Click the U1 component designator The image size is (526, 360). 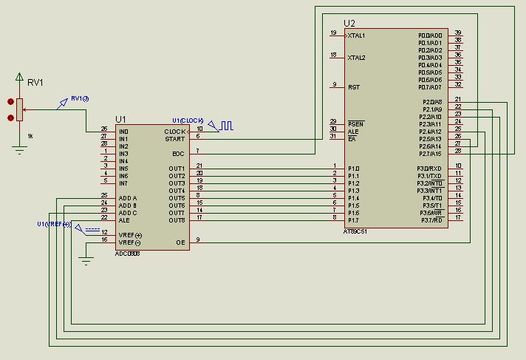click(x=121, y=119)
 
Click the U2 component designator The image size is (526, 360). click(x=349, y=24)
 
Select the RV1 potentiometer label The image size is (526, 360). click(x=35, y=83)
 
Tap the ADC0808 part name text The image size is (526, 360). click(x=128, y=253)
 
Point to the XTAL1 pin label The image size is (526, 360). click(x=356, y=35)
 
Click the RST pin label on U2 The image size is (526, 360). click(x=353, y=86)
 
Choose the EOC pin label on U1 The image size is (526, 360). click(x=178, y=154)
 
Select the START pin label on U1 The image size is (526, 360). click(x=175, y=139)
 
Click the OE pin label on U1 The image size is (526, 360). click(x=180, y=242)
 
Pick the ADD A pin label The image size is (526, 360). click(x=127, y=198)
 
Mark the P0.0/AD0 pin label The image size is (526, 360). click(x=430, y=35)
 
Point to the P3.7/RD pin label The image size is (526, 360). click(x=431, y=220)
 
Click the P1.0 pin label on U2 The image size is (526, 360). click(x=353, y=168)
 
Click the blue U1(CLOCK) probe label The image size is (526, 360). click(x=187, y=120)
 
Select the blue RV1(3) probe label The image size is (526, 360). click(x=80, y=99)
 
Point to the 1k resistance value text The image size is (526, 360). click(x=30, y=136)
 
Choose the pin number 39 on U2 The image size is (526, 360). click(x=458, y=33)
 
